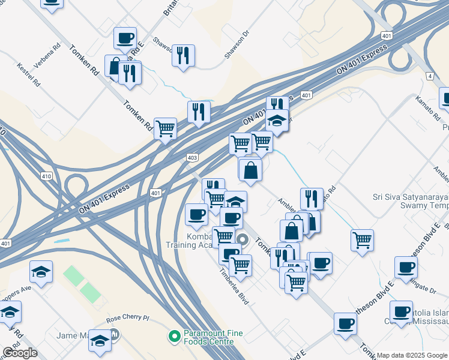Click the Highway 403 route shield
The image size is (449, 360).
(x=192, y=157)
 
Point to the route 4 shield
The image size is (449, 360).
(x=430, y=76)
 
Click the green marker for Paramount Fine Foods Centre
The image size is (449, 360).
(x=175, y=336)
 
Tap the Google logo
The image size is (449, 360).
(x=20, y=353)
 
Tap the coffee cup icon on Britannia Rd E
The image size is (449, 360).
(x=125, y=38)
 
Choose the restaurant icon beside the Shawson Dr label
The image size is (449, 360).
(x=183, y=56)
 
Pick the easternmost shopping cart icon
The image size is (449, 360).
(x=362, y=241)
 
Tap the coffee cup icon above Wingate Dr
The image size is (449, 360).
(x=406, y=268)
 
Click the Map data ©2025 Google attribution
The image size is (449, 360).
(x=412, y=355)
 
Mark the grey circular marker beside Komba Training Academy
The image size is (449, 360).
(x=243, y=239)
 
